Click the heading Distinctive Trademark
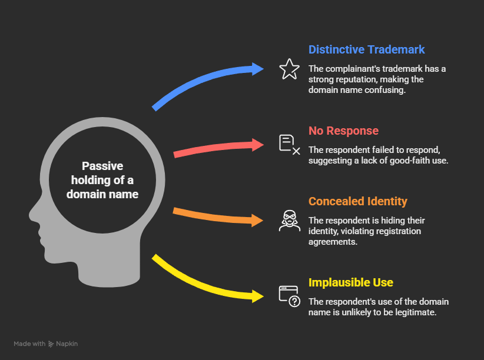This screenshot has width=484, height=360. pyautogui.click(x=366, y=49)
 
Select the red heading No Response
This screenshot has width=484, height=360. pyautogui.click(x=343, y=131)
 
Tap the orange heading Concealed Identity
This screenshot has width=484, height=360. pyautogui.click(x=357, y=201)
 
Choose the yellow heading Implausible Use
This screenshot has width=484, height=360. pyautogui.click(x=350, y=282)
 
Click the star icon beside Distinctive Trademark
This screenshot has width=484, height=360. pyautogui.click(x=289, y=69)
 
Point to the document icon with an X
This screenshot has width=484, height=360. pyautogui.click(x=289, y=144)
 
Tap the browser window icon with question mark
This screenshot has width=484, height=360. pyautogui.click(x=289, y=296)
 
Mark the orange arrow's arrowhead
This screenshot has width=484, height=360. pyautogui.click(x=257, y=221)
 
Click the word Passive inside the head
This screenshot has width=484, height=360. pyautogui.click(x=102, y=166)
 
